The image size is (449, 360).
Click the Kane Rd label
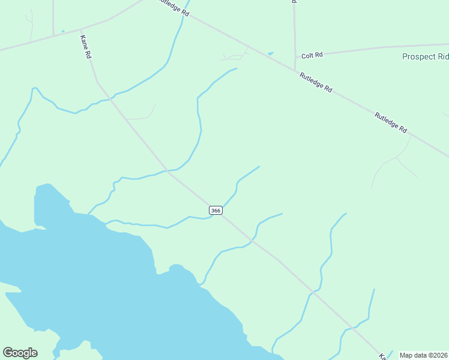[85, 46]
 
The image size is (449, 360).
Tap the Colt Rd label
[312, 55]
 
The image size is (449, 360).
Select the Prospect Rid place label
[425, 57]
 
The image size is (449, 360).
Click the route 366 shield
[216, 210]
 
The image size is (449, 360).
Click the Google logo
[20, 353]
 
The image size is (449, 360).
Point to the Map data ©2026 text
[423, 355]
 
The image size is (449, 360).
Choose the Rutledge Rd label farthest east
[391, 122]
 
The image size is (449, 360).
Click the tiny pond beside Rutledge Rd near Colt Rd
[270, 53]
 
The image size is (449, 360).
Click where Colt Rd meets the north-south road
[295, 55]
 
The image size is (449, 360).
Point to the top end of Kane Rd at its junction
[81, 29]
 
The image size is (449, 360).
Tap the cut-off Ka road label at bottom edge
[382, 356]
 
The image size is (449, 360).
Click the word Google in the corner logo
[20, 353]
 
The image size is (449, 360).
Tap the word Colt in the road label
[308, 55]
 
